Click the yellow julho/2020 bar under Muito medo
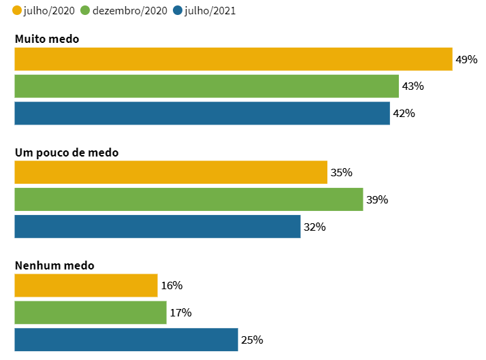coord(233,59)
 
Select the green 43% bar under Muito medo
coord(206,86)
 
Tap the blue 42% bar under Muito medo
coord(202,114)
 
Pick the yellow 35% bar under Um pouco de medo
coord(171,173)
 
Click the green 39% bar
coord(189,200)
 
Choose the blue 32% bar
coord(157,227)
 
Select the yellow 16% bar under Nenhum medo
coord(86,286)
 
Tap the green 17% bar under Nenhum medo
coord(91,313)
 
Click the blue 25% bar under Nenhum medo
coord(126,340)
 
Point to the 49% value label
coord(467,60)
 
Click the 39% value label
coord(377,200)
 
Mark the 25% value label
coord(253,340)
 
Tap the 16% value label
coord(172,286)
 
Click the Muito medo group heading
coord(47,39)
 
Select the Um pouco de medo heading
coord(67,152)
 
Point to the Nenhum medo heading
coord(54,265)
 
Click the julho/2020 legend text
coord(49,11)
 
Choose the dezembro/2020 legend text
coord(129,11)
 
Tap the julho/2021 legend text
coord(210,11)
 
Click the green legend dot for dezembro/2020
coord(85,11)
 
